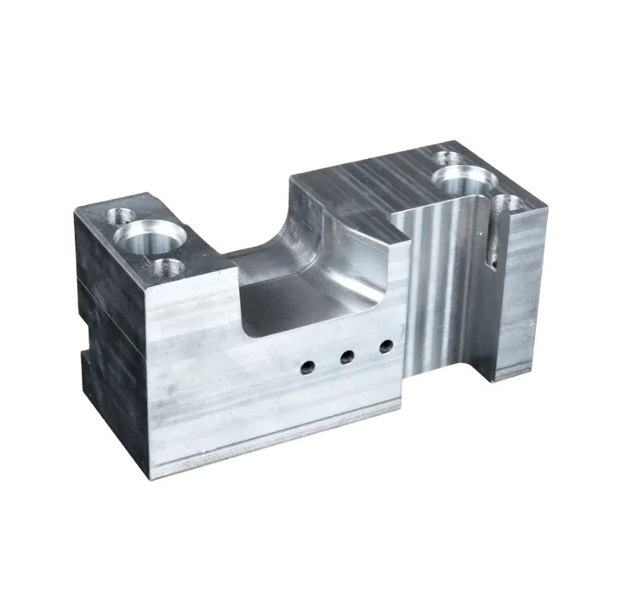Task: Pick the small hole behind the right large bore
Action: [x=447, y=157]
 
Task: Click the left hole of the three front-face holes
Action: [x=307, y=368]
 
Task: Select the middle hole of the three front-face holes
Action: [x=348, y=356]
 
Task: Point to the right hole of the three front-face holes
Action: [x=386, y=347]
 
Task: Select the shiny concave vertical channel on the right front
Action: [x=438, y=282]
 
